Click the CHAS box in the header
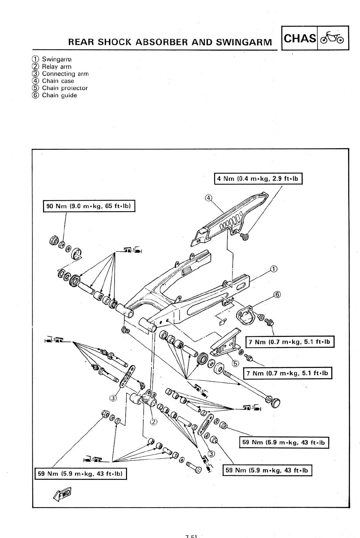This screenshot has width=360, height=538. coord(300,38)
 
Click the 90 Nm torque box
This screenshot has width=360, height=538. coord(89,206)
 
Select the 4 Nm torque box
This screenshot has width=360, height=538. coord(258,179)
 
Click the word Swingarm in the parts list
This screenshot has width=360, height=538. coord(56,59)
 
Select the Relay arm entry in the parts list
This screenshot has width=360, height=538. coord(56,67)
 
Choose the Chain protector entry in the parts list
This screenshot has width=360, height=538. coord(65,88)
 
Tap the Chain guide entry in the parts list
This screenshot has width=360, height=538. coord(59,95)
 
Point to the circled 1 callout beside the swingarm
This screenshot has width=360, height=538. coord(274,269)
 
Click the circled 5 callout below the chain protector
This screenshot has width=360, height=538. coord(235,363)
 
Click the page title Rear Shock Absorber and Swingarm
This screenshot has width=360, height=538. coord(170,42)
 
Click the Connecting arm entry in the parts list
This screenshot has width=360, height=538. coord(65,74)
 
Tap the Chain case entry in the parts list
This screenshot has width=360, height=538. coord(58,81)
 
